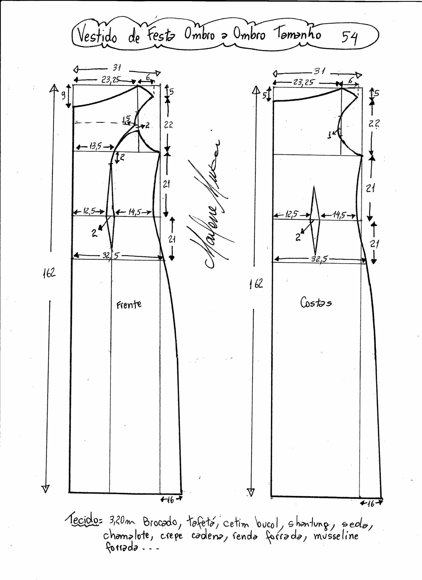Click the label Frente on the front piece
129,304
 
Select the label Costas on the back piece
316,303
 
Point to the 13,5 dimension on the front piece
95,147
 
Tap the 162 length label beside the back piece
256,283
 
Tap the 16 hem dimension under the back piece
371,503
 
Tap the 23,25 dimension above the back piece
304,82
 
